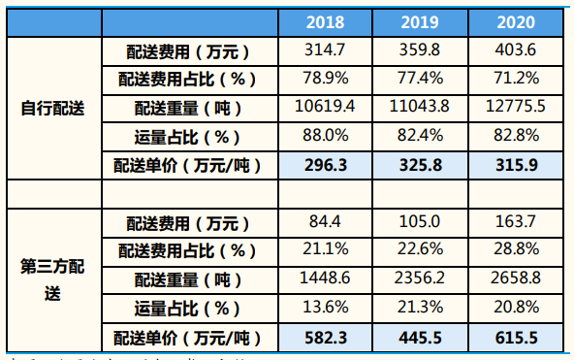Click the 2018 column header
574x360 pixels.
[x=325, y=21]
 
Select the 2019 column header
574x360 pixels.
[x=420, y=21]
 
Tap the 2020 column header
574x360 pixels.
[x=516, y=21]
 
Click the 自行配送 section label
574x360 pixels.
[x=53, y=108]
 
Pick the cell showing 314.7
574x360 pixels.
[x=325, y=49]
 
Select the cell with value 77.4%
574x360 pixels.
[x=420, y=79]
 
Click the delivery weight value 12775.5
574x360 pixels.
[x=516, y=107]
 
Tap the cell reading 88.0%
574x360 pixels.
[x=325, y=136]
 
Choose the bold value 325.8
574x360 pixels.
[x=420, y=165]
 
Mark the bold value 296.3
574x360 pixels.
[x=325, y=165]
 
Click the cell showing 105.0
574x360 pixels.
[x=420, y=222]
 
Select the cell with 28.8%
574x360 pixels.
[x=516, y=251]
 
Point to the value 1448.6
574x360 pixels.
[x=325, y=280]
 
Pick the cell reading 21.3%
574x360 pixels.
[x=420, y=309]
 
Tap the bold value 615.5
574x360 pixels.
[x=516, y=339]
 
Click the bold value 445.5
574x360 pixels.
[x=420, y=339]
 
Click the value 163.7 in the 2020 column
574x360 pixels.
[x=516, y=222]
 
